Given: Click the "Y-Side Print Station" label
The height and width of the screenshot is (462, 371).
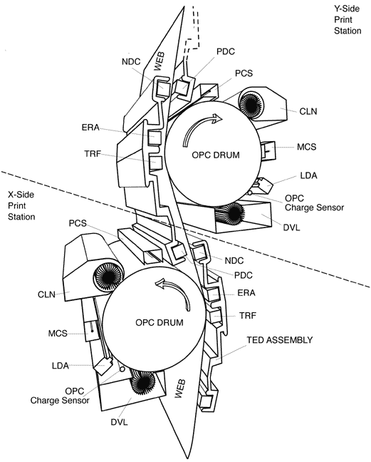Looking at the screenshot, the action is pos(348,20).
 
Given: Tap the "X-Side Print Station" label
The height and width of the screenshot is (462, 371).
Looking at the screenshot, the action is pos(21,205).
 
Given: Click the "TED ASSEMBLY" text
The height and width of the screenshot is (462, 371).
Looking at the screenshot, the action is pos(280,340).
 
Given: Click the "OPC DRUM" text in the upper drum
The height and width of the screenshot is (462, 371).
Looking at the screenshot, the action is pos(216,155).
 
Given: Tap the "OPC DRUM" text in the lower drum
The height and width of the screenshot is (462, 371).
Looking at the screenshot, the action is pos(160,322).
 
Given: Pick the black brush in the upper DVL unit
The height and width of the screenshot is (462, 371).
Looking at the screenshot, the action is pos(234,212).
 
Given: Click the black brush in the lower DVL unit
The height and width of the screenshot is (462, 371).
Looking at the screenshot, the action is pos(143,383).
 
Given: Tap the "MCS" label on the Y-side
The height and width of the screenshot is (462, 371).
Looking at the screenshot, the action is pos(307,147).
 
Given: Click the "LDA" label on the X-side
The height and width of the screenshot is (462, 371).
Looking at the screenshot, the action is pos(61,366).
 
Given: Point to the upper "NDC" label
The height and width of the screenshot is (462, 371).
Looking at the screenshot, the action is pos(131,62).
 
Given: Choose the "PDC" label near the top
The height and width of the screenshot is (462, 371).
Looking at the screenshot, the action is pos(226,51).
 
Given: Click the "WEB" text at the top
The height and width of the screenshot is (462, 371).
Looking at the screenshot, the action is pos(160,61).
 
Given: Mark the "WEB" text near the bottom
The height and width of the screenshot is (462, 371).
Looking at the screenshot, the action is pos(179,389).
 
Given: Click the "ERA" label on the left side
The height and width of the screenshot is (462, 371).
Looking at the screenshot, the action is pos(90,128).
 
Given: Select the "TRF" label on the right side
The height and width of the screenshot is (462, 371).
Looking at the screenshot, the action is pos(248,316).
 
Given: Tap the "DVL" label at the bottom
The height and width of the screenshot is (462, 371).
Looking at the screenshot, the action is pos(119,422).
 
